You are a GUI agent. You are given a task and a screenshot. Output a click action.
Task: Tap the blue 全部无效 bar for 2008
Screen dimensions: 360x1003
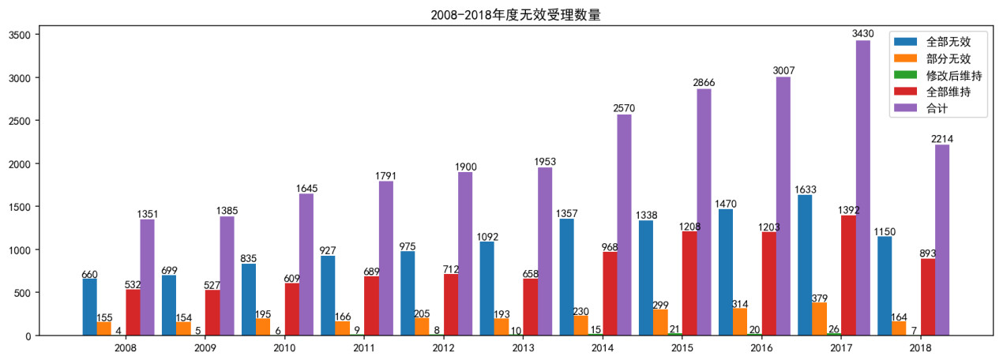pos(89,307)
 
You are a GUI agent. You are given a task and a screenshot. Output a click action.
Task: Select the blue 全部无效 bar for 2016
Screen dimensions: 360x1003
pos(726,272)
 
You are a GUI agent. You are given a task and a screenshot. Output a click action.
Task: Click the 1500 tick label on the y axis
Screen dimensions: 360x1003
pos(19,207)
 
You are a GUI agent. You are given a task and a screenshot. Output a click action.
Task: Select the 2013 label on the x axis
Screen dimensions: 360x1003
pos(523,348)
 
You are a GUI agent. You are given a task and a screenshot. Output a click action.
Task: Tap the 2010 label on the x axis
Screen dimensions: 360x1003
pos(284,348)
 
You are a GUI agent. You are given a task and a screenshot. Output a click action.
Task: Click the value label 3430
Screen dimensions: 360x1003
pos(862,34)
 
